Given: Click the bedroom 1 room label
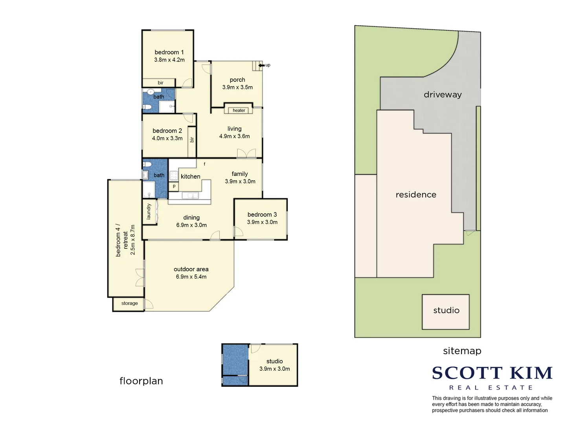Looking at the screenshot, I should coord(169,52).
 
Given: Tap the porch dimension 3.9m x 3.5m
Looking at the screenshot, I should coord(237,87).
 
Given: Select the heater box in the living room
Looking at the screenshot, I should coord(239,111).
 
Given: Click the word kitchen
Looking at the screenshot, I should coord(191,177).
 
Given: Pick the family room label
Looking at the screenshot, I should coord(240,174).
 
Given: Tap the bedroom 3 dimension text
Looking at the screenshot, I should coord(262,222).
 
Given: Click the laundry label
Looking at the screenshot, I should coord(149,212).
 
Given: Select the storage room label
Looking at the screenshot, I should coord(129,303).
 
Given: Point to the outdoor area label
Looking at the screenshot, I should coord(191,269).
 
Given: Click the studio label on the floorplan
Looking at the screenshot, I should coord(274,361).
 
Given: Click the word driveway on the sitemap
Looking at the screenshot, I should coord(443,94).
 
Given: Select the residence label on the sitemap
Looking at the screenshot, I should coord(416,195).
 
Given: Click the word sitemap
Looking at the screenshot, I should coord(462,351).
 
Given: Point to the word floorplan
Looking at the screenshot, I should coord(141,381).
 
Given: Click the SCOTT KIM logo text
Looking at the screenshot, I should coord(492,373).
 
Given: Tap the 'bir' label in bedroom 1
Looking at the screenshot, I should coord(160,83).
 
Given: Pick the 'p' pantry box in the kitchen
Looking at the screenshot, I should coord(174,186).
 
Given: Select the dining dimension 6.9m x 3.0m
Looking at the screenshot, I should coord(191,225).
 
